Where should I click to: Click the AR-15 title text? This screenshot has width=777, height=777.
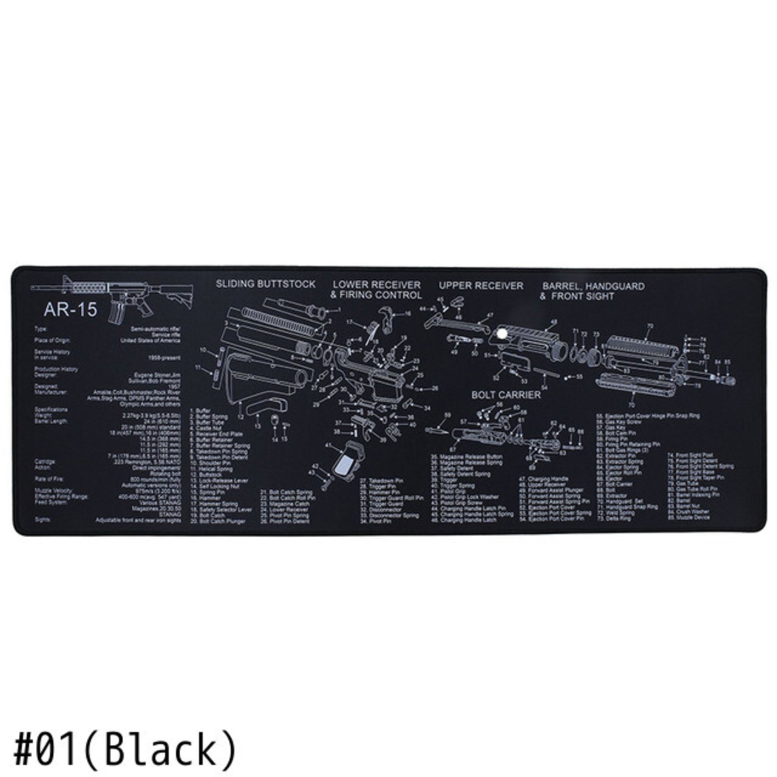coord(70,310)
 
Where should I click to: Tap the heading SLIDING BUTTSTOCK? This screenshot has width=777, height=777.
coord(266,284)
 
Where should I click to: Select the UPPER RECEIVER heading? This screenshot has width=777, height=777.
coord(481,285)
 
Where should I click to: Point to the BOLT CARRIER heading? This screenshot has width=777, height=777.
coord(506,395)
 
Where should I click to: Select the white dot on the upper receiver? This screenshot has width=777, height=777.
coord(502,333)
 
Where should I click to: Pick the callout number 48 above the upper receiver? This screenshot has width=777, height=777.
coord(553,322)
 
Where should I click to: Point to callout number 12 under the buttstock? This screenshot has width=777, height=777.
coord(240,417)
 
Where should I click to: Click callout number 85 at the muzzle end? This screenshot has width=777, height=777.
coord(727,362)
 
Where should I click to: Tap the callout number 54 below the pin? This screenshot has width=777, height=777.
coord(544,386)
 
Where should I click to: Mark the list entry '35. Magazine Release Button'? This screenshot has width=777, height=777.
coord(467,456)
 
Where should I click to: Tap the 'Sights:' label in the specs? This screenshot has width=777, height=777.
coord(42,520)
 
